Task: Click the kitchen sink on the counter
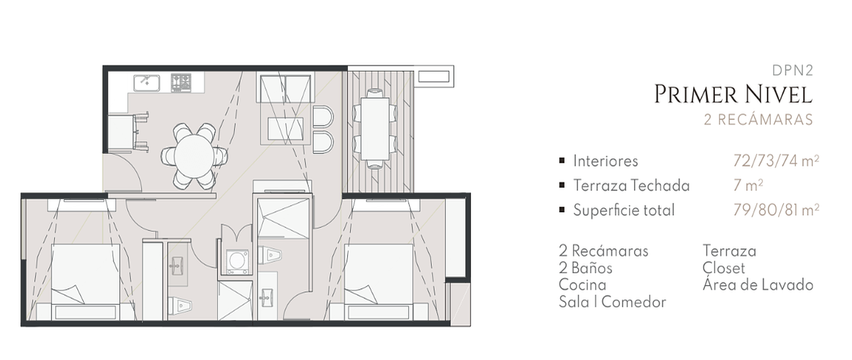tap(146, 83)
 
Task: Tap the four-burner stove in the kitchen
tap(181, 83)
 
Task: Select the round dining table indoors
tap(194, 156)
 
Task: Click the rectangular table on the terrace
tap(375, 129)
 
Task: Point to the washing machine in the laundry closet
tap(237, 262)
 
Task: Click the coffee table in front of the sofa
tap(285, 129)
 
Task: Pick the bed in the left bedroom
tap(86, 282)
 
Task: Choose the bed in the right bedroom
tap(378, 282)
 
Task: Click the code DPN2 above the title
tap(792, 70)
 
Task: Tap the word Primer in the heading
tap(697, 94)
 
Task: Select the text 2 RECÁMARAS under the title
tap(758, 119)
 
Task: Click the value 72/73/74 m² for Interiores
tap(776, 161)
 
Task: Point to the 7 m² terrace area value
tap(748, 185)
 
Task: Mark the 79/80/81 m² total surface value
tap(776, 209)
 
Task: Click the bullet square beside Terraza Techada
tap(562, 185)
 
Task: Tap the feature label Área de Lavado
tap(758, 285)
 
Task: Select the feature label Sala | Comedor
tap(612, 302)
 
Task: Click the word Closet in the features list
tap(723, 268)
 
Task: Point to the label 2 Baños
tap(585, 268)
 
